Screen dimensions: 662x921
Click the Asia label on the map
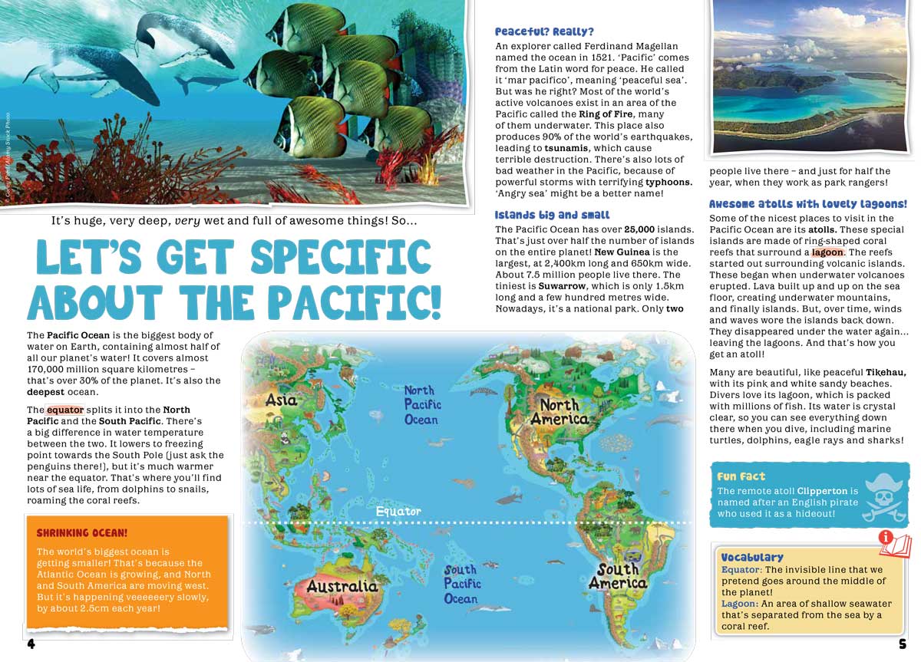pyautogui.click(x=281, y=400)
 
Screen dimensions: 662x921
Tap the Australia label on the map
pyautogui.click(x=342, y=587)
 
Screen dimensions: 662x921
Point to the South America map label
pyautogui.click(x=618, y=576)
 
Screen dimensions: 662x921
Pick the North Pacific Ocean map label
pyautogui.click(x=421, y=405)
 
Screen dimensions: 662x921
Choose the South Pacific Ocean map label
pyautogui.click(x=462, y=584)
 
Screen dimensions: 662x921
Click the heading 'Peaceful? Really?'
pyautogui.click(x=544, y=31)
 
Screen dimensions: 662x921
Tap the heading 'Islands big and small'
pyautogui.click(x=552, y=215)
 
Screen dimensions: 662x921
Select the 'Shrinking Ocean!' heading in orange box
pyautogui.click(x=82, y=532)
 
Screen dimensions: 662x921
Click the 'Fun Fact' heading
pyautogui.click(x=741, y=476)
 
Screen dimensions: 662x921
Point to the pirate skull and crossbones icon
pyautogui.click(x=884, y=497)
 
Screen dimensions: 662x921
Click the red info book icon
pyautogui.click(x=894, y=544)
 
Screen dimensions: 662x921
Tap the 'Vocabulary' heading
pyautogui.click(x=752, y=557)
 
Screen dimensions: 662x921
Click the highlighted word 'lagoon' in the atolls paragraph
pyautogui.click(x=828, y=252)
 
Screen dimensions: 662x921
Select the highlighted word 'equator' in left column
pyautogui.click(x=64, y=410)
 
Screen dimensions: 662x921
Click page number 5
pyautogui.click(x=903, y=644)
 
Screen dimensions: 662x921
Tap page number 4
pyautogui.click(x=31, y=644)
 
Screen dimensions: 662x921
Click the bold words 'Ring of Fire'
pyautogui.click(x=606, y=114)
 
